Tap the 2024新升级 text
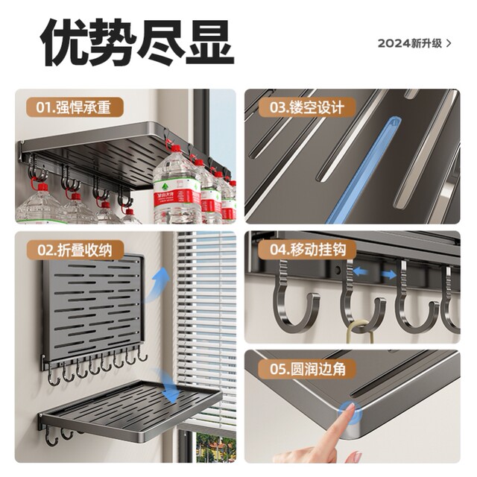(409, 43)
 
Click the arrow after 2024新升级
(449, 43)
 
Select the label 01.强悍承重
(75, 107)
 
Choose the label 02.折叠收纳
(75, 250)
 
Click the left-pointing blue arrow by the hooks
(360, 272)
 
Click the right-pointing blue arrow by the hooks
(388, 274)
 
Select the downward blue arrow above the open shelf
(168, 394)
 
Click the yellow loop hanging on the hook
(359, 328)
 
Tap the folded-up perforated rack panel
(92, 306)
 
